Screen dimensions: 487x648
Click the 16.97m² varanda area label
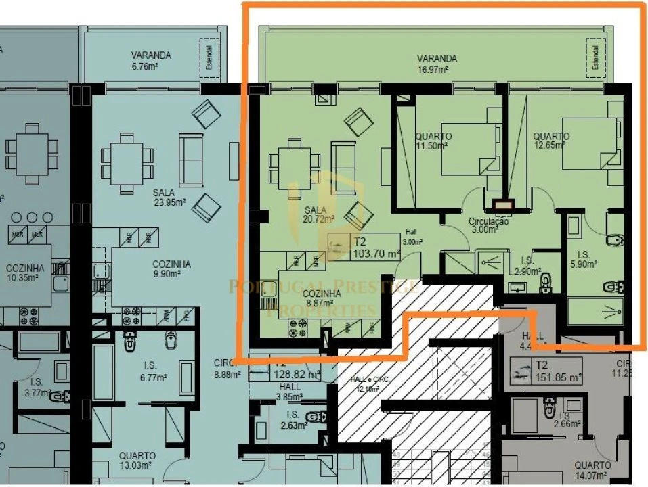tap(437, 64)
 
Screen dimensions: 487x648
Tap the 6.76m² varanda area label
tap(152, 60)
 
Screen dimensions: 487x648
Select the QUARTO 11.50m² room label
tap(433, 141)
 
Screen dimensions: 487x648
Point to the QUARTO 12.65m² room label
tap(550, 141)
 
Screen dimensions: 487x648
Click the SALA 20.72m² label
tap(320, 214)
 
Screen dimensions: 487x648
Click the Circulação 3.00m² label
tap(488, 225)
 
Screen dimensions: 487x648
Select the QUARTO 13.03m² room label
tap(137, 461)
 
